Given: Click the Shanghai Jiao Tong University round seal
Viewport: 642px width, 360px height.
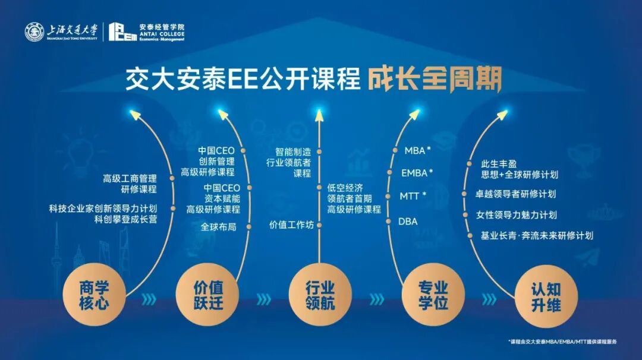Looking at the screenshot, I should pyautogui.click(x=34, y=32).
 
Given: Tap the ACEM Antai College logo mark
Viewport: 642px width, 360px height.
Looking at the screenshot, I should pyautogui.click(x=122, y=32).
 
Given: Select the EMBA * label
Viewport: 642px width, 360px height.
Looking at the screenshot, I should pyautogui.click(x=417, y=173).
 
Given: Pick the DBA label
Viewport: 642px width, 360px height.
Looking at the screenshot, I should pyautogui.click(x=408, y=222).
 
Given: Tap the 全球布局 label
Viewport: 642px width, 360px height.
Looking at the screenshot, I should pyautogui.click(x=218, y=226).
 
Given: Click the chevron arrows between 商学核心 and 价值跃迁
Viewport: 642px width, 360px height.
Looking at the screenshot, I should pyautogui.click(x=151, y=298).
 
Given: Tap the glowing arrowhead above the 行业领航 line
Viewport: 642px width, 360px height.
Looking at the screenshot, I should pyautogui.click(x=320, y=111).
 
